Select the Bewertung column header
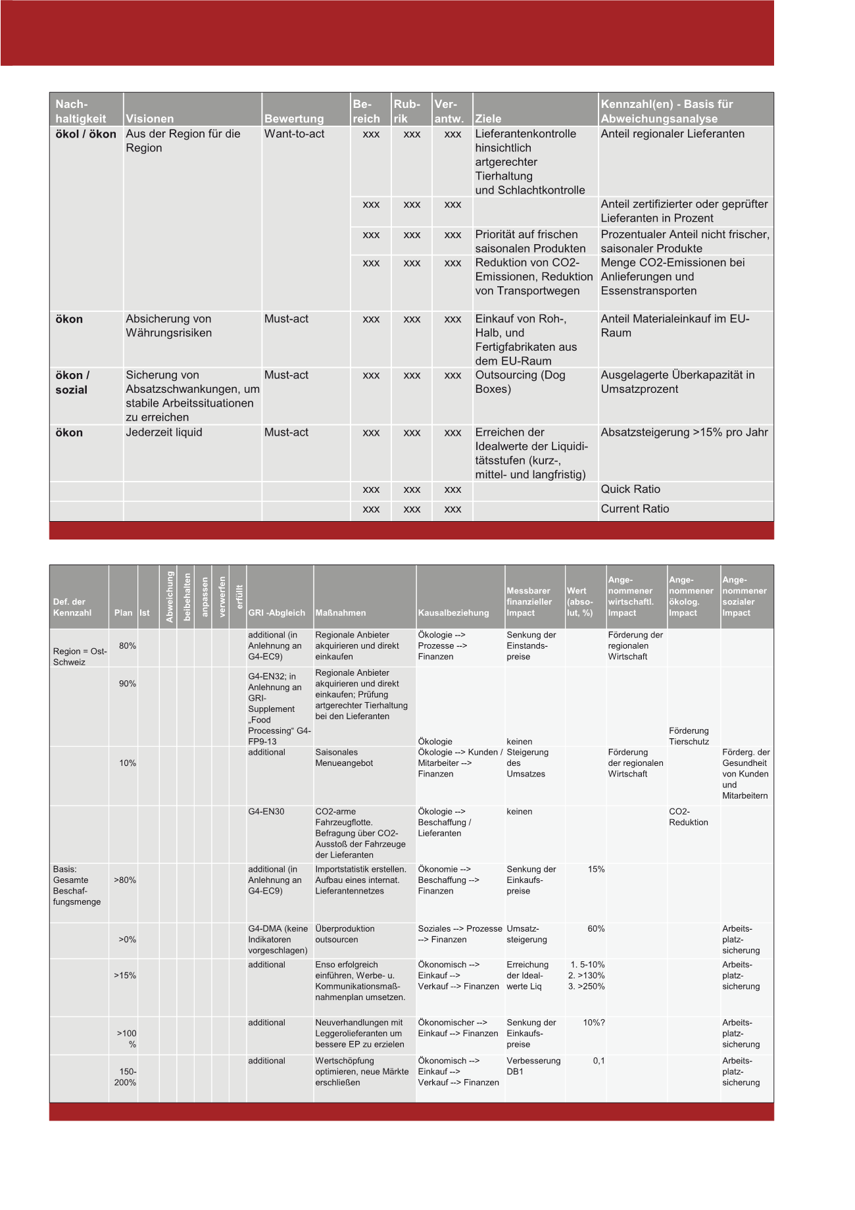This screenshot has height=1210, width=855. click(x=294, y=119)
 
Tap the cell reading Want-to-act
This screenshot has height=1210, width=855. click(x=294, y=134)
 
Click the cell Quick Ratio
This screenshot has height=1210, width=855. click(x=630, y=490)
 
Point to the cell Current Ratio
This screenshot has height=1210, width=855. click(x=635, y=509)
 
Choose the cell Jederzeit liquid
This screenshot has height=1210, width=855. click(x=164, y=433)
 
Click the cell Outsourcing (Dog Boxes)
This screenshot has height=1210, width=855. click(x=520, y=382)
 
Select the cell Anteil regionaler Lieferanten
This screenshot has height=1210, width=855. click(x=672, y=134)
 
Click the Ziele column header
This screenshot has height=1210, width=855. click(x=488, y=119)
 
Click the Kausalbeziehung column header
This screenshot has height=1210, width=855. click(x=453, y=613)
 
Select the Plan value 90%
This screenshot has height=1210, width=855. click(x=127, y=684)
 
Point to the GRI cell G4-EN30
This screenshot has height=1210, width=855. click(x=266, y=812)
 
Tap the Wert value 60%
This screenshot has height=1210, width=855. click(x=596, y=929)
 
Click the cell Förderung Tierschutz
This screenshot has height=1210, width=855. click(x=689, y=736)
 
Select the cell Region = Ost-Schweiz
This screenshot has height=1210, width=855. click(x=80, y=657)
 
